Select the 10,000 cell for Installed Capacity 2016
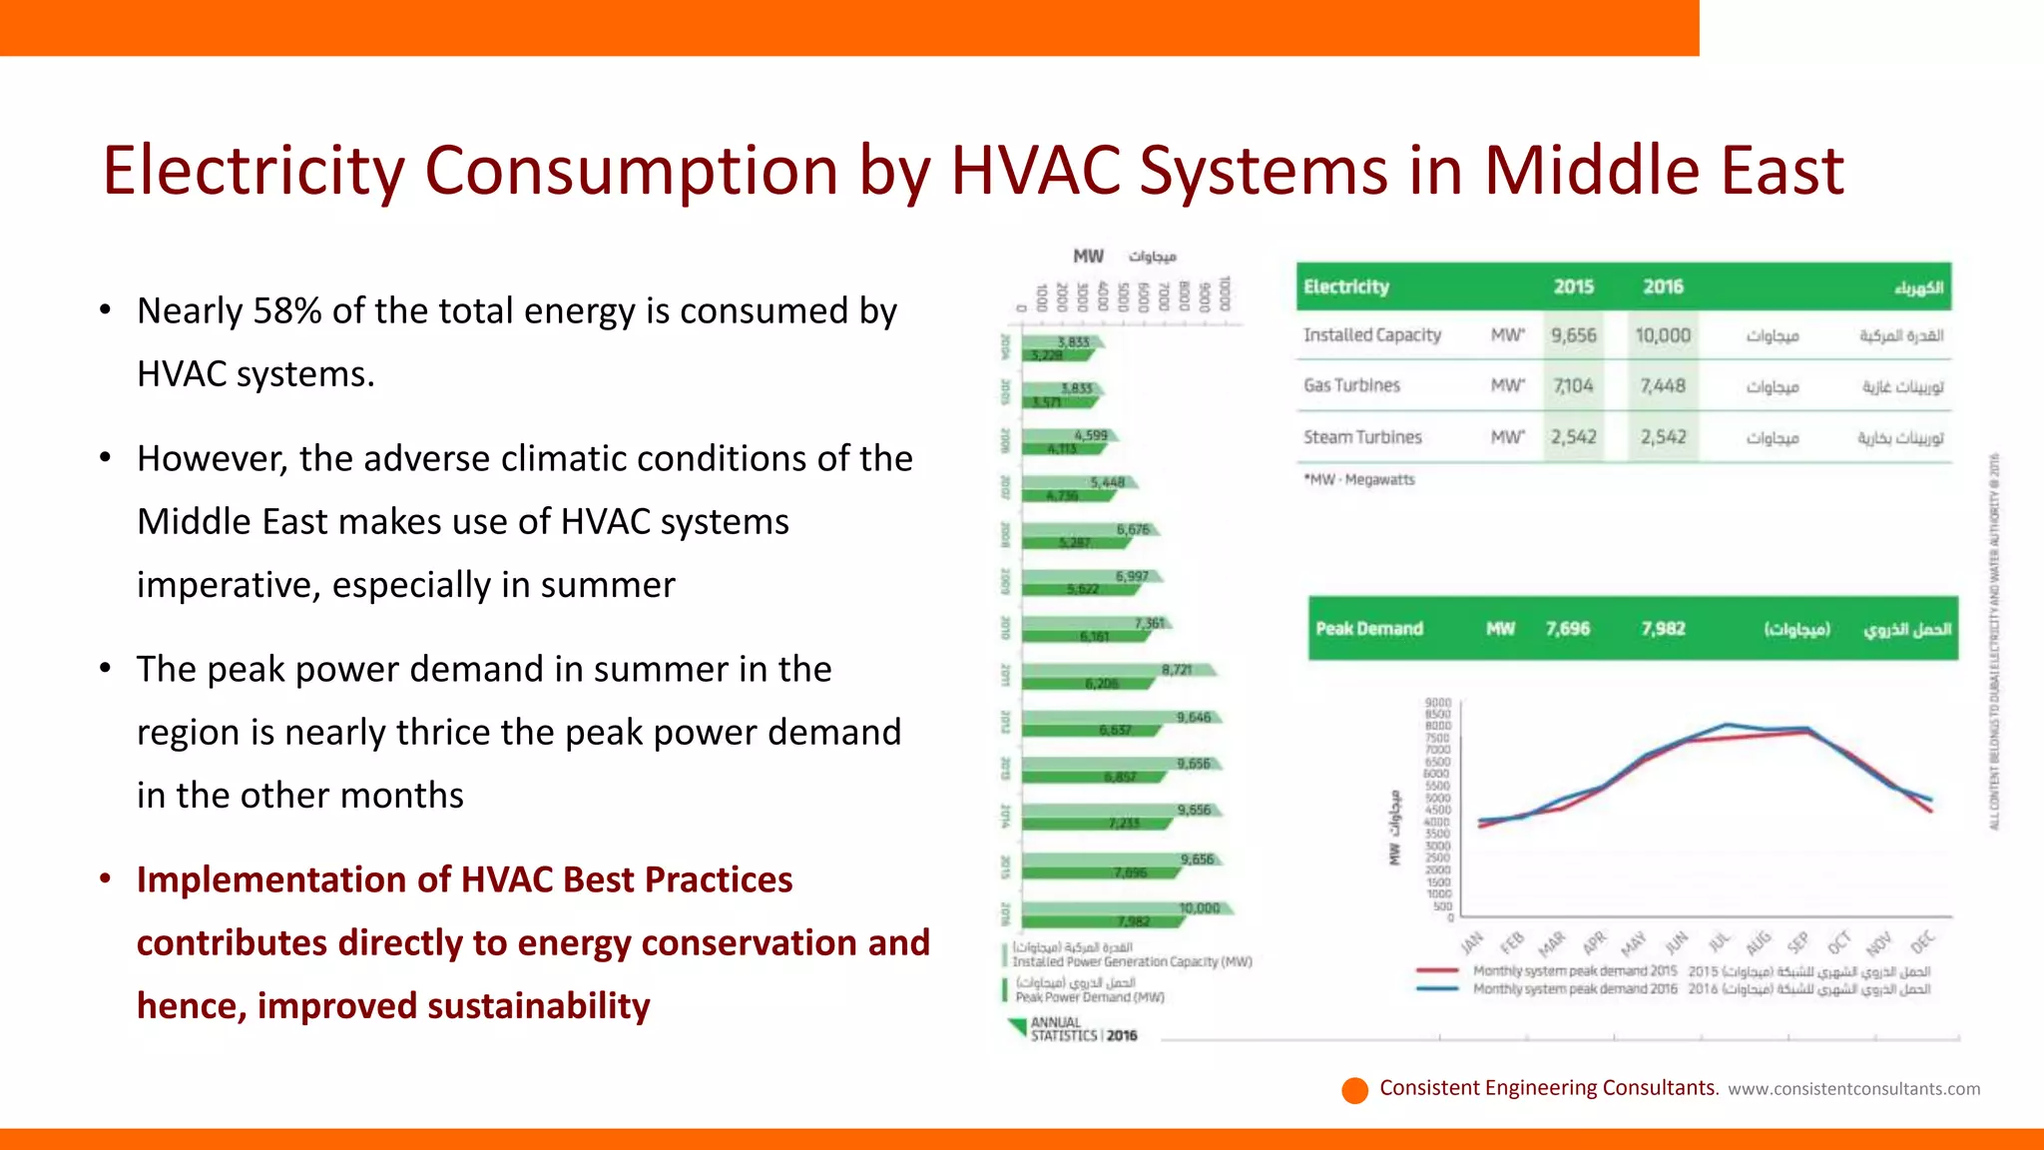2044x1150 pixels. pyautogui.click(x=1663, y=335)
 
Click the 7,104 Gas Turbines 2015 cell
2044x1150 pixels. pyautogui.click(x=1573, y=386)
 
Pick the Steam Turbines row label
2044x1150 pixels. pyautogui.click(x=1362, y=437)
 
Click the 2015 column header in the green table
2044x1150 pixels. pyautogui.click(x=1573, y=287)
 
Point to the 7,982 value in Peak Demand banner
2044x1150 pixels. pyautogui.click(x=1663, y=629)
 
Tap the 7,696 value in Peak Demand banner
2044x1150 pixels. pyautogui.click(x=1568, y=629)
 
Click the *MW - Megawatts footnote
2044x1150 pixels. pyautogui.click(x=1359, y=480)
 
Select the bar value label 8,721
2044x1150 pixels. pyautogui.click(x=1177, y=670)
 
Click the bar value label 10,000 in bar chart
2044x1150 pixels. pyautogui.click(x=1199, y=908)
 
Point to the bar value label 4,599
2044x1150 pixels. pyautogui.click(x=1091, y=435)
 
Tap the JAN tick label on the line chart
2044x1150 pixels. pyautogui.click(x=1471, y=942)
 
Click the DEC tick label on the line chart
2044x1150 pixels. pyautogui.click(x=1922, y=942)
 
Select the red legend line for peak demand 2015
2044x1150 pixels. pyautogui.click(x=1437, y=970)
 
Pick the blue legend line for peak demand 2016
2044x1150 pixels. pyautogui.click(x=1437, y=989)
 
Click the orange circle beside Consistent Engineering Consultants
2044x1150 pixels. pyautogui.click(x=1354, y=1090)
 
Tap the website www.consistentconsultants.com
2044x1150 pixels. pyautogui.click(x=1853, y=1089)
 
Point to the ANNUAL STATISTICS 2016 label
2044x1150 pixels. pyautogui.click(x=1083, y=1029)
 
